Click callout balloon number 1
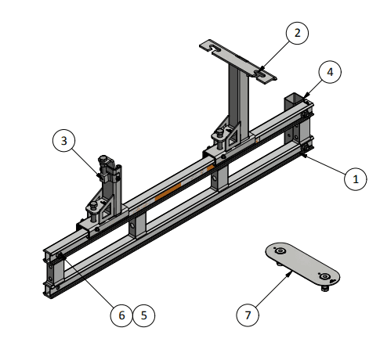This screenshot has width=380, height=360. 356,179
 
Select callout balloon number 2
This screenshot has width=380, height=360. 297,33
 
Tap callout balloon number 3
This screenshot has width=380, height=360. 64,141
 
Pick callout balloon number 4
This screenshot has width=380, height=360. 330,72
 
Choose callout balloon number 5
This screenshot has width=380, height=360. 144,315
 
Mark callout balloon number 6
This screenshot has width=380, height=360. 121,315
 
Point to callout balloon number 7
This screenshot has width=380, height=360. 248,315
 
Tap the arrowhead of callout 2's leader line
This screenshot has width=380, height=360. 262,69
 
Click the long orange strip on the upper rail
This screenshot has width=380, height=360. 168,192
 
